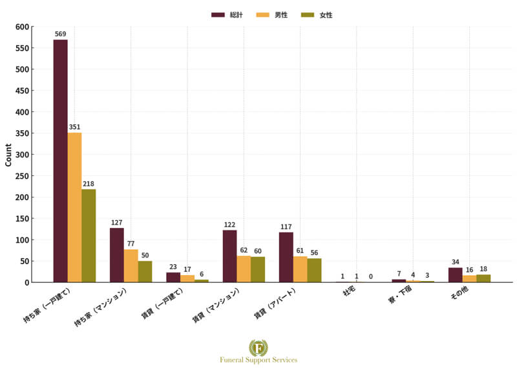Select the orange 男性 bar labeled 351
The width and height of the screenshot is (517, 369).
point(74,207)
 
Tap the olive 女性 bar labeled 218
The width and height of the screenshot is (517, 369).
point(89,236)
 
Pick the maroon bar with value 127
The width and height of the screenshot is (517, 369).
point(116,255)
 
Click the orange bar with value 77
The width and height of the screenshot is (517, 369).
point(131,265)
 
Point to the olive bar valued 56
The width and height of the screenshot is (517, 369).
point(314,270)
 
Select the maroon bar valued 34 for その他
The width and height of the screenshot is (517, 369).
point(455,274)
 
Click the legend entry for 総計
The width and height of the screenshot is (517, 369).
point(227,14)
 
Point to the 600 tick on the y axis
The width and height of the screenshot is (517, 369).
point(23,27)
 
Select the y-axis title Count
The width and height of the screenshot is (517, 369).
point(8,155)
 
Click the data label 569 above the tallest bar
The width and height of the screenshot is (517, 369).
point(60,34)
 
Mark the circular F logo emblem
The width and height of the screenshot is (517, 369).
point(258,347)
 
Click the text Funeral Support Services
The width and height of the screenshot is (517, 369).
point(258,360)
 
